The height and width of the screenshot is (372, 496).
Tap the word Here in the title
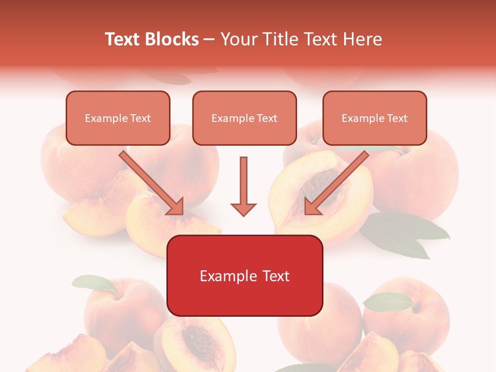[x=362, y=39]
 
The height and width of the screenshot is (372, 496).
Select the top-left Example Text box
[x=118, y=118]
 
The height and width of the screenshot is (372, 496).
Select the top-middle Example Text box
[x=244, y=118]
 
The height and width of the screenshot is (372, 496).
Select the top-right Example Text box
[x=375, y=118]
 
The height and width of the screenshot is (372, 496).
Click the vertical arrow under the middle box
[x=243, y=181]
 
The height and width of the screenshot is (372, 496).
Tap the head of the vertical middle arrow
[x=243, y=209]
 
